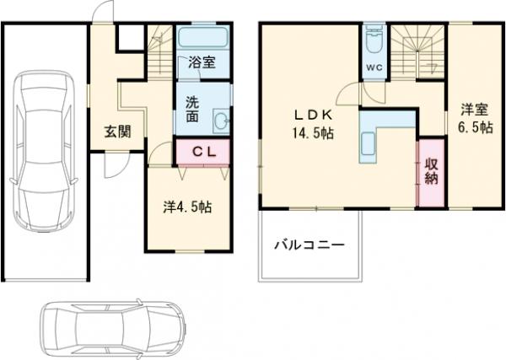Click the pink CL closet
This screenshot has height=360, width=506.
202,153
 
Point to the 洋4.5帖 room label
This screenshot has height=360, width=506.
187,207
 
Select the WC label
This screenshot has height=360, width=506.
374,68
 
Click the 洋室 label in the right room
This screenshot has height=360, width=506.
474,109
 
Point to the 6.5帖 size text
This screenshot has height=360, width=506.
474,127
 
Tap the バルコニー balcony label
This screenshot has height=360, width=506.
309,246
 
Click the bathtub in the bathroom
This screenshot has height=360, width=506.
202,38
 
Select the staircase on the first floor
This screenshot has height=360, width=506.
158,49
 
